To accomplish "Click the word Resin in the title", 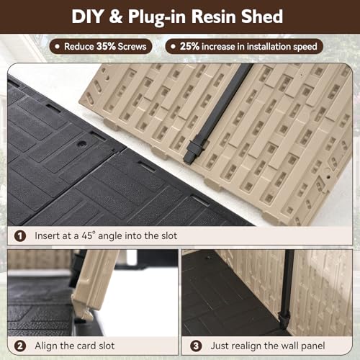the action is [214, 17].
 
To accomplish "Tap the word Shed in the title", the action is [262, 17].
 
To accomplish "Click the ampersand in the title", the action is [115, 17].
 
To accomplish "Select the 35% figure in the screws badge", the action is [106, 46].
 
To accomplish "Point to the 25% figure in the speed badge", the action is [189, 46].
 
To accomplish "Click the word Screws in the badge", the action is [132, 46].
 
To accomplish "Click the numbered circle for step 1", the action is [20, 236].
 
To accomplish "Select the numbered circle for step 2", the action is [20, 346].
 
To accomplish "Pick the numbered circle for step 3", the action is [196, 346].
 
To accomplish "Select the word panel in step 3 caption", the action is [313, 346].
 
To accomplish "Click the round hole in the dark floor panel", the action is [82, 144].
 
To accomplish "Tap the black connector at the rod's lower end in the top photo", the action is [194, 151].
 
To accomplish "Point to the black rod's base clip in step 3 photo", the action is [284, 319].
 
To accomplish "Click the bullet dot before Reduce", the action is [57, 46].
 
